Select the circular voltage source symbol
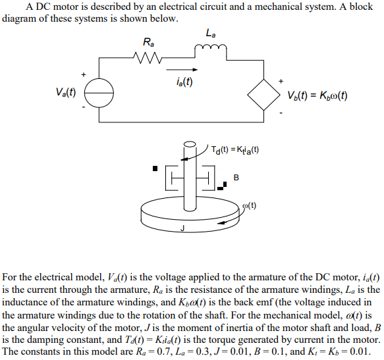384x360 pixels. coord(99,93)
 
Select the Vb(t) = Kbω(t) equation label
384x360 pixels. coord(317,95)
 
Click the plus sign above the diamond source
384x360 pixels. coord(282,81)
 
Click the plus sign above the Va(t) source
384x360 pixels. coord(84,74)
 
